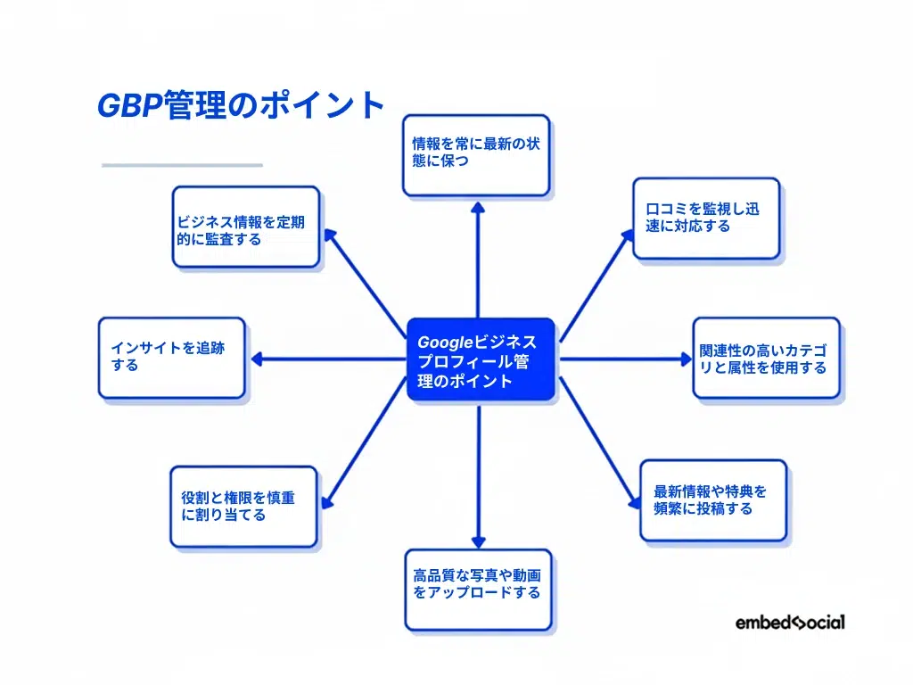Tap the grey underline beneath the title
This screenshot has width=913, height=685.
click(x=182, y=165)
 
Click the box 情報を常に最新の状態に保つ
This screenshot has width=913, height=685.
click(x=476, y=154)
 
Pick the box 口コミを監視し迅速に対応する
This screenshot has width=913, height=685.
click(x=706, y=219)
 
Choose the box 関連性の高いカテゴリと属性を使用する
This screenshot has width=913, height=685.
click(x=766, y=358)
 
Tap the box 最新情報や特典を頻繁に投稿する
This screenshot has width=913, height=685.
click(x=712, y=499)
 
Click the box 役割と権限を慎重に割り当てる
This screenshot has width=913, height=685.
click(x=243, y=506)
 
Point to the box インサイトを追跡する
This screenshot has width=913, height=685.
click(x=171, y=358)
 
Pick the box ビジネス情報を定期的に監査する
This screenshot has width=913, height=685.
click(x=245, y=227)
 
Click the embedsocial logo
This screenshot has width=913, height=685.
click(x=790, y=623)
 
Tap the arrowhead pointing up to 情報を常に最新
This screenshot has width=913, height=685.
click(x=478, y=206)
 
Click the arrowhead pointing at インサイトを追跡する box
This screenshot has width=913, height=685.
click(x=257, y=359)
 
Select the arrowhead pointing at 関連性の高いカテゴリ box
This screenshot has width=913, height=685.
click(x=686, y=359)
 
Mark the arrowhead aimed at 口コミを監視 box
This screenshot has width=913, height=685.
click(x=625, y=235)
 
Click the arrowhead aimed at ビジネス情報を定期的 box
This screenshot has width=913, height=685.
click(x=329, y=235)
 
